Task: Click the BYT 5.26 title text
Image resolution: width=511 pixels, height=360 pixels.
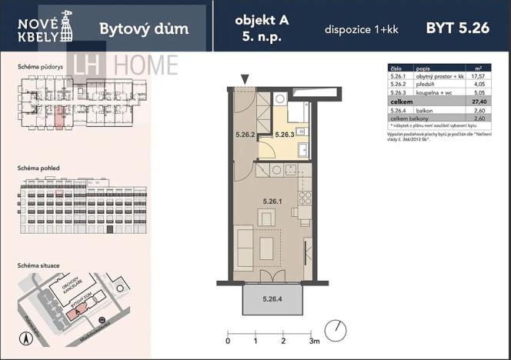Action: pyautogui.click(x=457, y=28)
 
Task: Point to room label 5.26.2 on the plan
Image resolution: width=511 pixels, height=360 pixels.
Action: pyautogui.click(x=244, y=134)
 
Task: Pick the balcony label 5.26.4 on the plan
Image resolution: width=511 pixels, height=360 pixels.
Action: pyautogui.click(x=272, y=298)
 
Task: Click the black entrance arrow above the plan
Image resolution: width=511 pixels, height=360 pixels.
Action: pyautogui.click(x=245, y=78)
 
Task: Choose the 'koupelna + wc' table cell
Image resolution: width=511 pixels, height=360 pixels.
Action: pyautogui.click(x=433, y=93)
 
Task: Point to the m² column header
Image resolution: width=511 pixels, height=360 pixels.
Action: pyautogui.click(x=479, y=68)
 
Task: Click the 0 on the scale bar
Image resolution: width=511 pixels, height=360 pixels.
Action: pyautogui.click(x=228, y=340)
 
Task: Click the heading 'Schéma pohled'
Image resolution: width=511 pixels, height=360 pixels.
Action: pyautogui.click(x=38, y=168)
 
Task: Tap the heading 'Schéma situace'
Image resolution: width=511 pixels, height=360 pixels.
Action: pyautogui.click(x=38, y=265)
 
